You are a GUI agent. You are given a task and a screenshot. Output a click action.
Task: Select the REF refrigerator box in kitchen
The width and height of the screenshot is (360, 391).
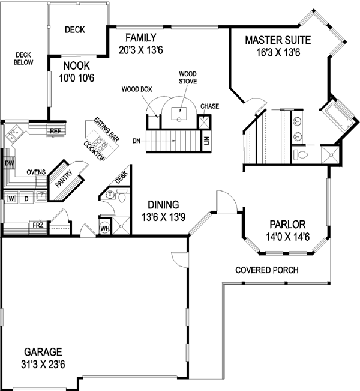55,130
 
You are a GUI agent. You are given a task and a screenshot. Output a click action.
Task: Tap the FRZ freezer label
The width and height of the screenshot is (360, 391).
38,225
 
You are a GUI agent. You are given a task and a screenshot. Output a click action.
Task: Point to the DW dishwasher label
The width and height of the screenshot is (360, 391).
9,163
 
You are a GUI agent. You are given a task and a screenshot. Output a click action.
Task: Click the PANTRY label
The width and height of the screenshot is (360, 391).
64,180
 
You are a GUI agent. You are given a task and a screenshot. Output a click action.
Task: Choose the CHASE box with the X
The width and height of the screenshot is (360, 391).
205,122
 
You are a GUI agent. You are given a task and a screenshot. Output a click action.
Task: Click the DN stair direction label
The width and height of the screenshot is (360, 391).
137,141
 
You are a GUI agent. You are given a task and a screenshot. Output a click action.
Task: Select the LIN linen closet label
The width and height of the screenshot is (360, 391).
206,141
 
